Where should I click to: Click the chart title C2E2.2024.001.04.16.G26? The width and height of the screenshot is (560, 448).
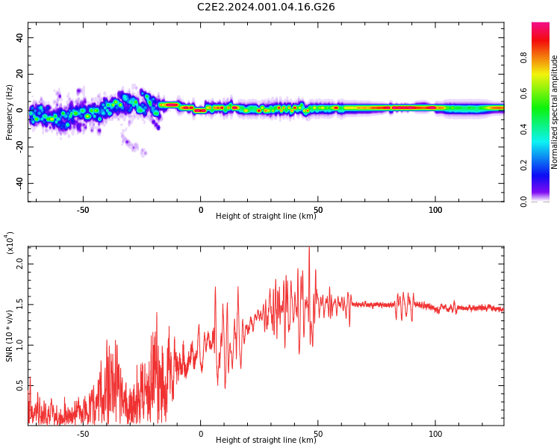pyautogui.click(x=266, y=7)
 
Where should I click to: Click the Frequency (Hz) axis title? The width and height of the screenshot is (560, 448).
pyautogui.click(x=10, y=112)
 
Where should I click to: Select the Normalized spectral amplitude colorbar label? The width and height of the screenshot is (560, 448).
pyautogui.click(x=555, y=112)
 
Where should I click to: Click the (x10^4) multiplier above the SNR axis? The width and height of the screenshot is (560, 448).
pyautogui.click(x=10, y=242)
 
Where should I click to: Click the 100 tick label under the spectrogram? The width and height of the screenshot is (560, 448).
pyautogui.click(x=435, y=210)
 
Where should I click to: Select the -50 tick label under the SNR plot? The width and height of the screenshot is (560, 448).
pyautogui.click(x=83, y=434)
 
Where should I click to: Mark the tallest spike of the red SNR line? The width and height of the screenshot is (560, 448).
pyautogui.click(x=309, y=249)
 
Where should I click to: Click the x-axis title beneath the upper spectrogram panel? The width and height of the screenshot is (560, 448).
pyautogui.click(x=266, y=217)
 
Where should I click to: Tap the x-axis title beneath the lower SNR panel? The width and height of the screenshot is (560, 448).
pyautogui.click(x=266, y=441)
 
